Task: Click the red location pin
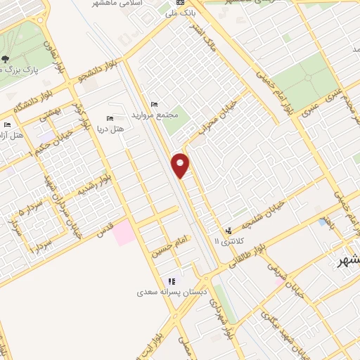point(181,165)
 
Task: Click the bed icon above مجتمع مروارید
point(155,104)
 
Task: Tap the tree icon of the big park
point(6,59)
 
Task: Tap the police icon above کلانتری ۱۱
point(229,231)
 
